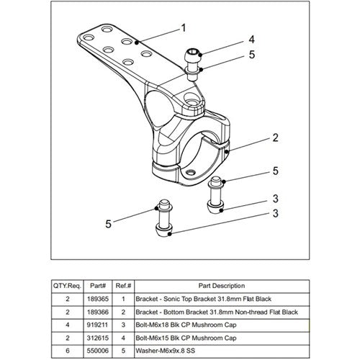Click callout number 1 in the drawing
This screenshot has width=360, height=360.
(184, 28)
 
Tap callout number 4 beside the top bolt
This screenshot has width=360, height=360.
(251, 40)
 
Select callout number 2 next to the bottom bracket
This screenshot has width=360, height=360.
(275, 138)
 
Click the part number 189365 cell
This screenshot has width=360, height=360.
(98, 299)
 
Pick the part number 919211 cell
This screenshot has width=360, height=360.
(98, 325)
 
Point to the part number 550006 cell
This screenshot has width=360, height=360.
(98, 351)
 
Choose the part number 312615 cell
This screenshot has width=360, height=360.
(98, 338)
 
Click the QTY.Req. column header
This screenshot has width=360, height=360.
(68, 286)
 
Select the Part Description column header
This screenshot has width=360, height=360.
(222, 286)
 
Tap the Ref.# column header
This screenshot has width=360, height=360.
(123, 286)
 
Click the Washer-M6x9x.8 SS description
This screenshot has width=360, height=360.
(166, 351)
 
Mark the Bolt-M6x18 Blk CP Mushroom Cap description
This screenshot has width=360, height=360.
(186, 325)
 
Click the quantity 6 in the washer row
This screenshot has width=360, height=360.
(68, 351)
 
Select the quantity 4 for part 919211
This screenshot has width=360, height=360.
(68, 325)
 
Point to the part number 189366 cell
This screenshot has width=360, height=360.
(98, 312)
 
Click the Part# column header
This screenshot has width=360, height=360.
(98, 286)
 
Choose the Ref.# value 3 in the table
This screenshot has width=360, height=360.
(123, 325)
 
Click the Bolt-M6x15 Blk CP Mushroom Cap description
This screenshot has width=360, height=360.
(186, 338)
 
